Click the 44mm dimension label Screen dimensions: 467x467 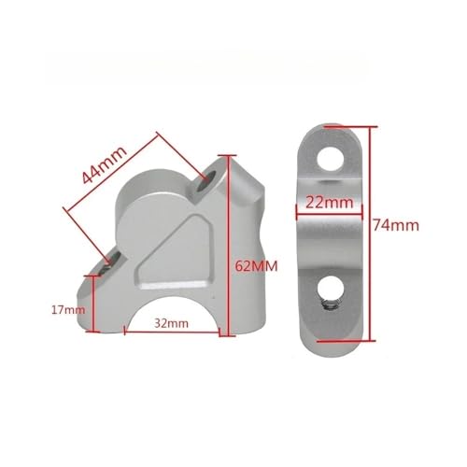click(105, 164)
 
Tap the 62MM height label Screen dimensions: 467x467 click(256, 266)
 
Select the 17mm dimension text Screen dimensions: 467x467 click(68, 310)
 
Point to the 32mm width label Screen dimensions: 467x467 click(172, 323)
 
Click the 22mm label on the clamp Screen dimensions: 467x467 click(330, 203)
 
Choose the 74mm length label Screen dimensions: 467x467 click(396, 225)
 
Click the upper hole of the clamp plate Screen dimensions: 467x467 click(331, 158)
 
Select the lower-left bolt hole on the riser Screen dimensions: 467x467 click(110, 263)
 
